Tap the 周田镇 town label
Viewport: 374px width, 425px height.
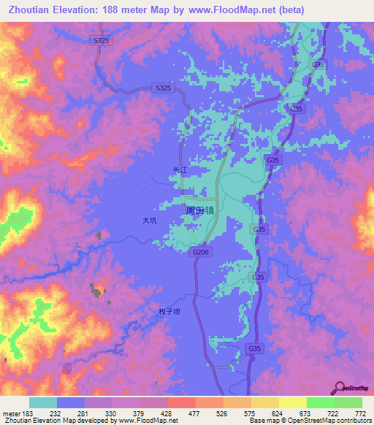pyautogui.click(x=199, y=210)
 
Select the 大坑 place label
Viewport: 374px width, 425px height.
pyautogui.click(x=150, y=219)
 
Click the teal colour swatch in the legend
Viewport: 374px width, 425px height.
pyautogui.click(x=43, y=403)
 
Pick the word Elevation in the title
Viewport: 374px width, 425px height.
pyautogui.click(x=80, y=10)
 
